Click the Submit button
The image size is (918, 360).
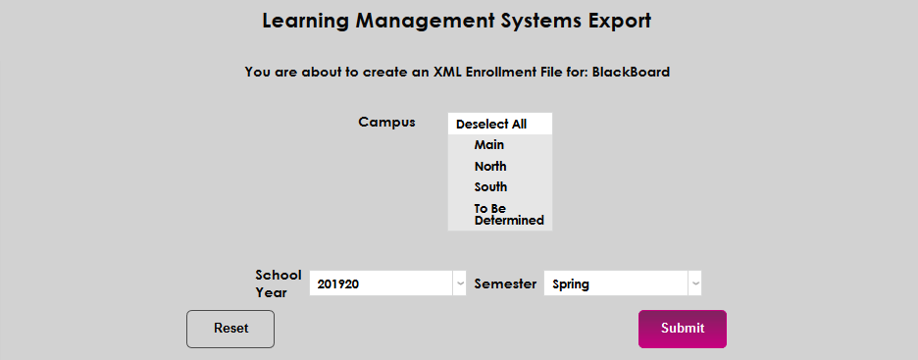pyautogui.click(x=682, y=329)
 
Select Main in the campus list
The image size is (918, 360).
pyautogui.click(x=488, y=145)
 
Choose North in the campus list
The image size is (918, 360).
pyautogui.click(x=490, y=167)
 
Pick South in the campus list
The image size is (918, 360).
pyautogui.click(x=490, y=187)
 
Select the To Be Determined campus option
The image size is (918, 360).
pyautogui.click(x=508, y=215)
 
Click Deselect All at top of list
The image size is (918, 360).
pyautogui.click(x=491, y=125)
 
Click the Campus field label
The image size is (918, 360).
pyautogui.click(x=386, y=123)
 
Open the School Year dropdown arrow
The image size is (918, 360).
pyautogui.click(x=459, y=283)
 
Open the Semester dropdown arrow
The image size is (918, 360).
pyautogui.click(x=694, y=283)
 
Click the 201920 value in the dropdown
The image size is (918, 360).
pyautogui.click(x=338, y=284)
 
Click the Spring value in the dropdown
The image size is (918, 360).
pyautogui.click(x=571, y=284)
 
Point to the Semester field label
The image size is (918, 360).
pyautogui.click(x=505, y=283)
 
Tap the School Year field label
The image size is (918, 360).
pyautogui.click(x=278, y=283)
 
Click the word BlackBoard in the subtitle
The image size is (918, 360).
pyautogui.click(x=631, y=72)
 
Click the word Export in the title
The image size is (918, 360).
pyautogui.click(x=619, y=21)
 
